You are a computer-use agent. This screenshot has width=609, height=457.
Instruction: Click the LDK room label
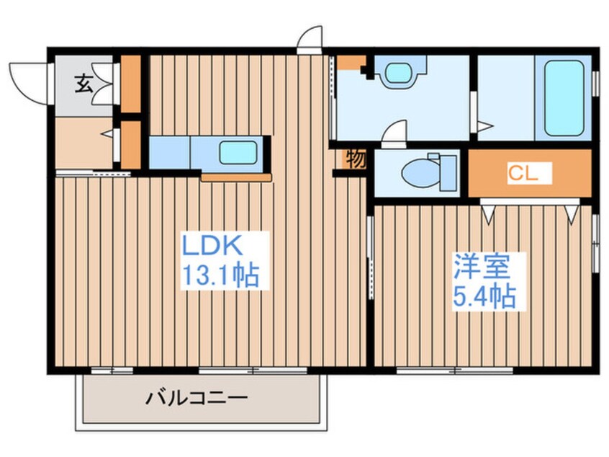tap(214, 247)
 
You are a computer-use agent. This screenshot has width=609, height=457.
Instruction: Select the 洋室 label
tap(481, 267)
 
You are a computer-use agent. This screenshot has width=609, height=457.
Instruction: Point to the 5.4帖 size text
tap(484, 295)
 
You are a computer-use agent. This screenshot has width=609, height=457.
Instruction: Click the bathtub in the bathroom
tap(563, 99)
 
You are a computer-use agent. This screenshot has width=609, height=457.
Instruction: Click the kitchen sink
tap(238, 152)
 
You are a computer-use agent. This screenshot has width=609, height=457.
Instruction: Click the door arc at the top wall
tap(310, 37)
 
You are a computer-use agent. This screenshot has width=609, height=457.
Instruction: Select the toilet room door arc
tap(394, 134)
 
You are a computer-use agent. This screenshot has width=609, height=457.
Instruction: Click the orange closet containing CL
tap(529, 173)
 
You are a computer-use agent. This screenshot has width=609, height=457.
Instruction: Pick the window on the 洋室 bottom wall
tap(454, 371)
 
